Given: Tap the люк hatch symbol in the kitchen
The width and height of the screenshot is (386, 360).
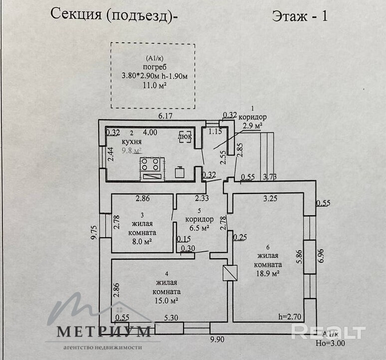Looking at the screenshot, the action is [185, 137].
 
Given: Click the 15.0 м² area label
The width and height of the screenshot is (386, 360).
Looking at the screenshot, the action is [167, 301].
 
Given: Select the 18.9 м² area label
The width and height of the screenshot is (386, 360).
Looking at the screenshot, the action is [268, 273].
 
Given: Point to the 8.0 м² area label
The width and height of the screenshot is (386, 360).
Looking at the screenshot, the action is [142, 242].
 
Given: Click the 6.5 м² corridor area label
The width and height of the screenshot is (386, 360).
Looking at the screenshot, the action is [199, 228].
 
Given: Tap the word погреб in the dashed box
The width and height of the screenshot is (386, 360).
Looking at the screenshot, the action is [155, 67].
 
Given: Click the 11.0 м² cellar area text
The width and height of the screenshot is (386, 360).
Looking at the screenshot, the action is [154, 85].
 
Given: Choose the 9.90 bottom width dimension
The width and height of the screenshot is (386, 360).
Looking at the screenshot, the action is [217, 340].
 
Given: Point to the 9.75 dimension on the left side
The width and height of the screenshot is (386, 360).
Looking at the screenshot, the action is [95, 232].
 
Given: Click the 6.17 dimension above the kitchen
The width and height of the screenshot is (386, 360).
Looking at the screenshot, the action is [165, 116].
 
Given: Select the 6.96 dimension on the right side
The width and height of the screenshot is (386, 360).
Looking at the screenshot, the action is [321, 256].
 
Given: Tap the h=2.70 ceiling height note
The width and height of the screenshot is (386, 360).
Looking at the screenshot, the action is [290, 317].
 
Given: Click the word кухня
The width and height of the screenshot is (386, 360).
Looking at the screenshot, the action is [132, 142].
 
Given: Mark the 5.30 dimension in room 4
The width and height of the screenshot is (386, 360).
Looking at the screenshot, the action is [171, 318].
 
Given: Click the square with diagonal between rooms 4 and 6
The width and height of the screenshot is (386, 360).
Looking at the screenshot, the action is [230, 273].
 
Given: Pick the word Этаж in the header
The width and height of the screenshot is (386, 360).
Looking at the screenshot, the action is [290, 16].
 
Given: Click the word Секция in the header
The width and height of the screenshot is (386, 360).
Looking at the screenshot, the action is [76, 14].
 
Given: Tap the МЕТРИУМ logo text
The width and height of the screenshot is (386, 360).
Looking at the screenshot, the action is [104, 332].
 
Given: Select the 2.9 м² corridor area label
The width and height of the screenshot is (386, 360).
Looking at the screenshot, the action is [252, 126].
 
